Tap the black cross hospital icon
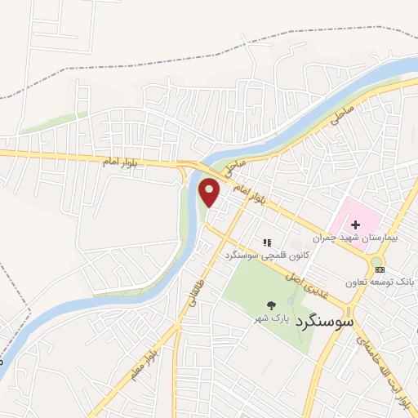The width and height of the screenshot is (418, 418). [x=356, y=224]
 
